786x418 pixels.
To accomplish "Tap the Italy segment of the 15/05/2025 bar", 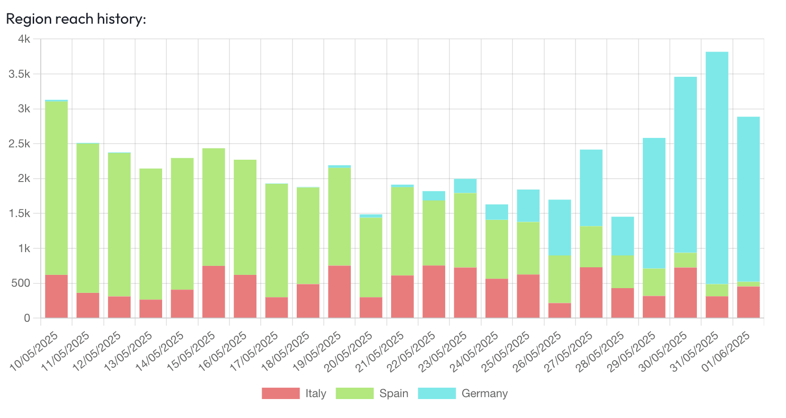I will point(213,291).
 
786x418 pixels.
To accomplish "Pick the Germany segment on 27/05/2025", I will point(591,188).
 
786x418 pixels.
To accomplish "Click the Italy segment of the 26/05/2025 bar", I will point(559,310).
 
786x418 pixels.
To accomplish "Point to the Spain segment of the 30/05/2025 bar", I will point(685,260).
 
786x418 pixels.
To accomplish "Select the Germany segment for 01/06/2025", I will point(748,199).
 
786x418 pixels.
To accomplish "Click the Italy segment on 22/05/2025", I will point(434,291).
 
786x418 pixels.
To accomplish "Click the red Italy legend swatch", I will point(281,393).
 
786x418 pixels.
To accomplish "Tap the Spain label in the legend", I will point(393,393).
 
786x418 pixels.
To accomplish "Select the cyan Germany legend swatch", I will point(437,393).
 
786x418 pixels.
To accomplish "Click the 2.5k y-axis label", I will point(19,144).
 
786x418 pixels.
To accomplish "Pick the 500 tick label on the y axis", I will point(20,283).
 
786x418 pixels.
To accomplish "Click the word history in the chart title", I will point(121,19).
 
